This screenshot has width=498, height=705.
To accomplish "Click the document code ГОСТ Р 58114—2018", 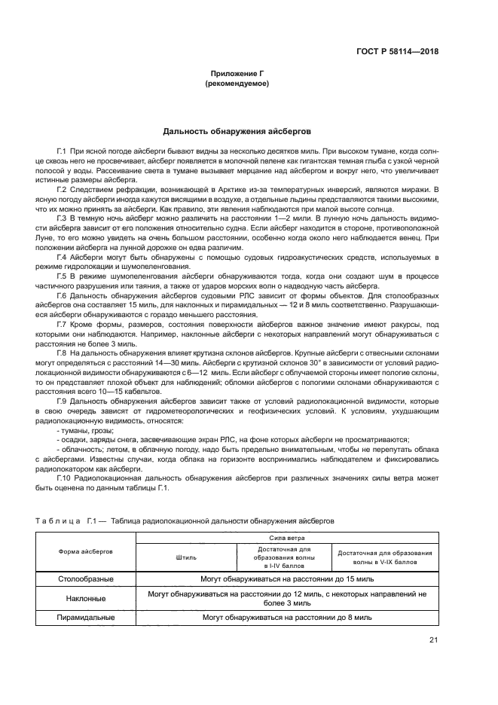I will click(x=397, y=51).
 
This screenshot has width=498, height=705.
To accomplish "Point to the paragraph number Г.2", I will click(x=63, y=189).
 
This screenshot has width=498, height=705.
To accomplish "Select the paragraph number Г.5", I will click(x=63, y=276).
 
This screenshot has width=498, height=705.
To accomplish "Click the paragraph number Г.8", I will click(x=63, y=352).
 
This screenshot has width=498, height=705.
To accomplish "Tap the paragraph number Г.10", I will click(x=64, y=477).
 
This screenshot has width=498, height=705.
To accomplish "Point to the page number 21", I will click(x=433, y=640).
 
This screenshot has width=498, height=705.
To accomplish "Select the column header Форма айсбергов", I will click(x=86, y=551).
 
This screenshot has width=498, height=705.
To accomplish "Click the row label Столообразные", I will click(x=86, y=579).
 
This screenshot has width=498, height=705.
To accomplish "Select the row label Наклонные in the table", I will click(x=86, y=598).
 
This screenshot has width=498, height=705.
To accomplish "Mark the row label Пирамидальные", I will click(x=86, y=617).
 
